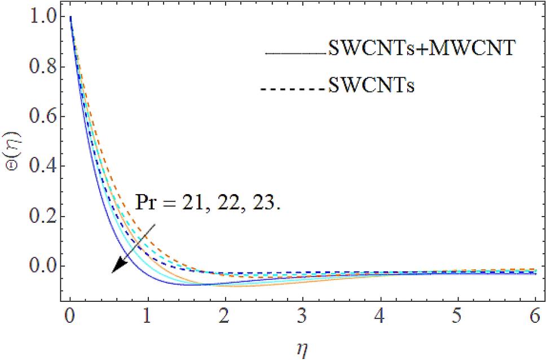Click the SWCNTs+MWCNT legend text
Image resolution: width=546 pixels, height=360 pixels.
click(420, 50)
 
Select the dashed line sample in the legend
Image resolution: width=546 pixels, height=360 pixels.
click(292, 89)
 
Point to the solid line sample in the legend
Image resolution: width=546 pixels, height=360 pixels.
click(295, 54)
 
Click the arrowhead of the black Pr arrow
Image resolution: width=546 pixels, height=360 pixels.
click(116, 268)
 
